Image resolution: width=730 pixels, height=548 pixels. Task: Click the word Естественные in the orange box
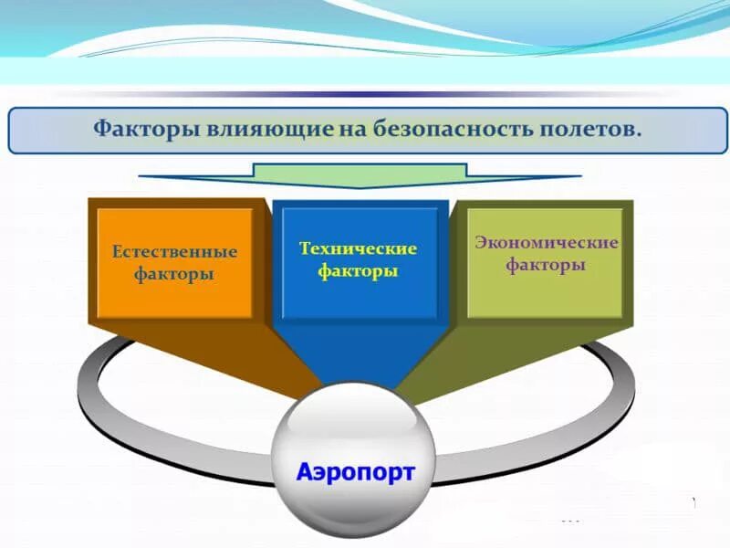(174, 251)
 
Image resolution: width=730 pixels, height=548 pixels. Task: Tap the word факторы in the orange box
(174, 274)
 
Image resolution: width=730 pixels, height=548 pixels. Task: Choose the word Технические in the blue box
(358, 248)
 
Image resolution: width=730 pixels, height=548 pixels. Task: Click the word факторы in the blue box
(358, 271)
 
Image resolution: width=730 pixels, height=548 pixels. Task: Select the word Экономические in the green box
(546, 243)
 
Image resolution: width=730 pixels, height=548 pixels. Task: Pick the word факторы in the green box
(546, 266)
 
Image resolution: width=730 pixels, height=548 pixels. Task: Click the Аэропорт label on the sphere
(355, 472)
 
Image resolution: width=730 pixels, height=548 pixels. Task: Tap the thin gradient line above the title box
(365, 94)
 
